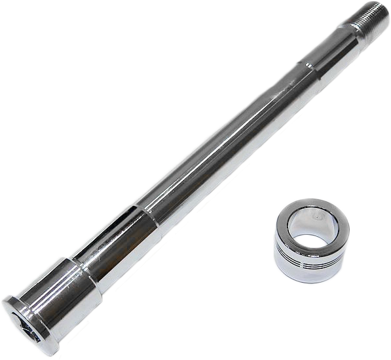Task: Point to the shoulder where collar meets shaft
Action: (x=81, y=265)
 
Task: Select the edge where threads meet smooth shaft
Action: (x=358, y=30)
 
